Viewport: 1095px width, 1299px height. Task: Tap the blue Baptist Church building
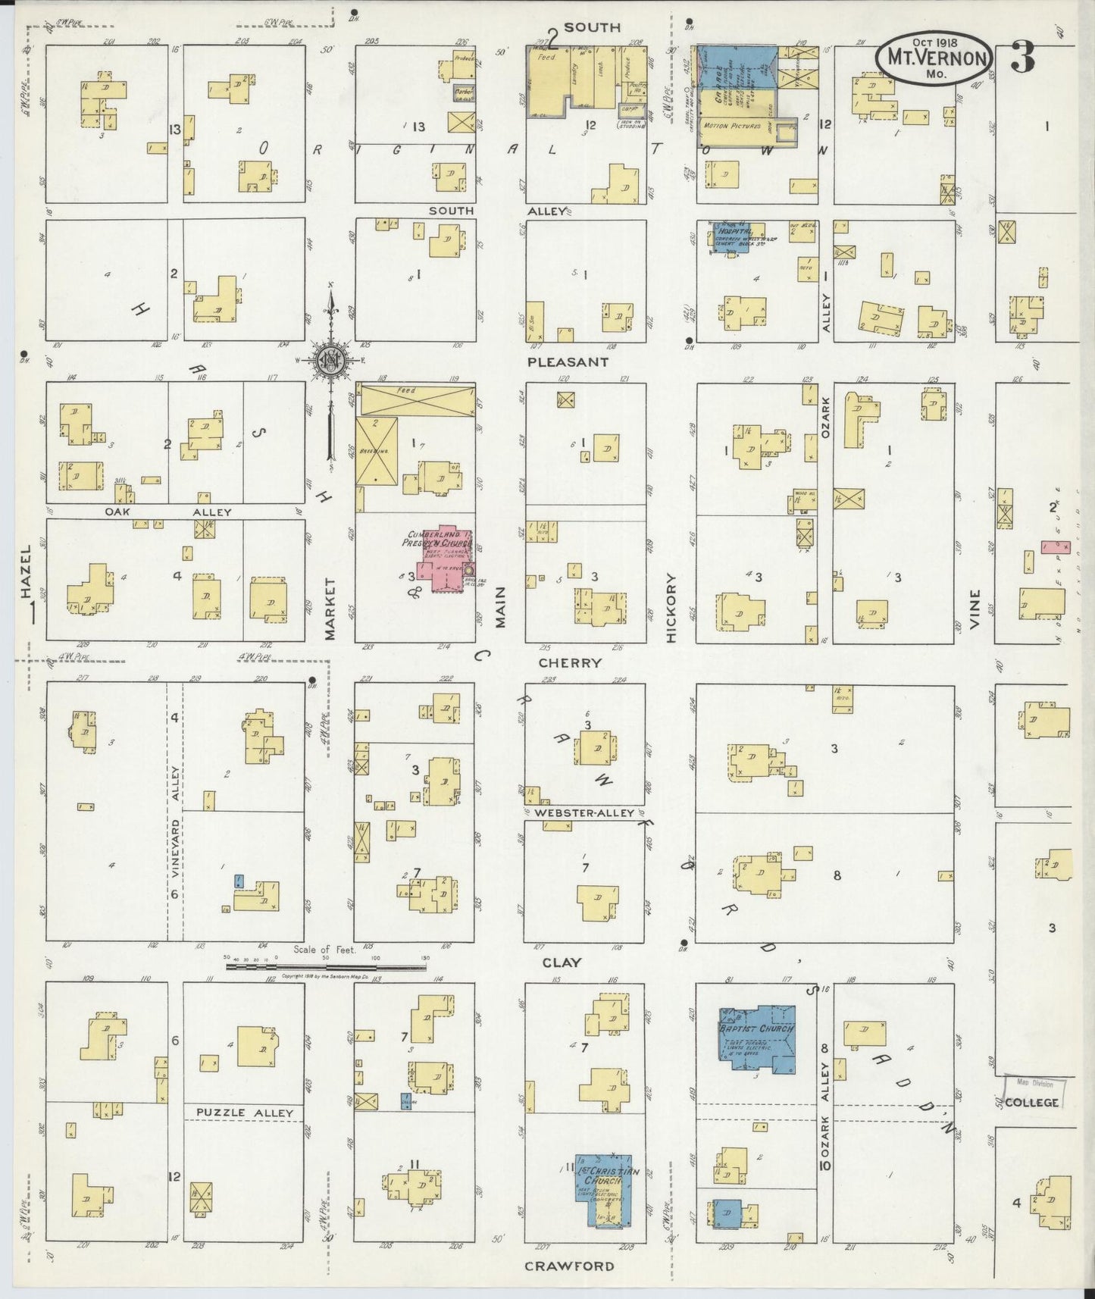click(x=756, y=1039)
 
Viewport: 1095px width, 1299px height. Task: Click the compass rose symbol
click(x=331, y=361)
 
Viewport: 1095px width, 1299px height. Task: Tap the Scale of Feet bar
click(x=326, y=967)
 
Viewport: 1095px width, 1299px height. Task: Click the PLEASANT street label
click(x=568, y=362)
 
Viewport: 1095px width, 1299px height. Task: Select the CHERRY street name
click(x=570, y=662)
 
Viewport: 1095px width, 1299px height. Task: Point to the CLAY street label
click(x=562, y=963)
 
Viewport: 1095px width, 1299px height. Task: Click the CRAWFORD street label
click(x=568, y=1266)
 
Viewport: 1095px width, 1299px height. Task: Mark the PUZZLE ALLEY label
click(x=244, y=1113)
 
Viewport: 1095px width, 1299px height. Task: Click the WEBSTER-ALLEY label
click(x=583, y=813)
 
